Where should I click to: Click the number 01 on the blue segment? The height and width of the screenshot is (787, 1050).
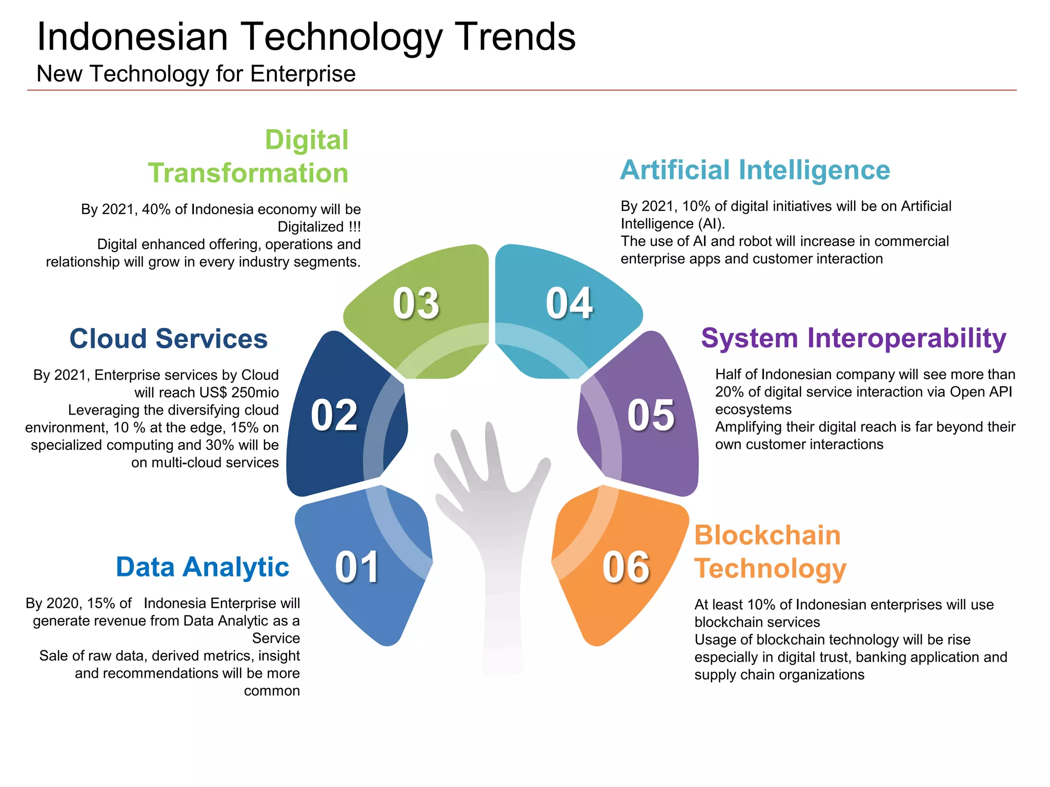click(357, 567)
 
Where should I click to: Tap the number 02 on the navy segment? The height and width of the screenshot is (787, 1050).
click(334, 415)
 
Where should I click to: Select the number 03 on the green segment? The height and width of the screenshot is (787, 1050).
click(416, 303)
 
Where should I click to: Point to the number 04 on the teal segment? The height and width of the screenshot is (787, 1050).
click(569, 303)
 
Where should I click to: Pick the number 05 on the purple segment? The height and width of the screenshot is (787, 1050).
click(651, 415)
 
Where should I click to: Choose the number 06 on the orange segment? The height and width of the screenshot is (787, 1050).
click(626, 567)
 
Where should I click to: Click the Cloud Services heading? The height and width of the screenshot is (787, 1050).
click(168, 339)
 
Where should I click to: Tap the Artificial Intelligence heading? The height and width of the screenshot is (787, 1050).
click(755, 170)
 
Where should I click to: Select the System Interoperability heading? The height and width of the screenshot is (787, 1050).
click(853, 338)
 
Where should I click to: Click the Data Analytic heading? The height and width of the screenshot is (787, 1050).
click(203, 567)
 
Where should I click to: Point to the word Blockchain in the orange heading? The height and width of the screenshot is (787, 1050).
click(768, 535)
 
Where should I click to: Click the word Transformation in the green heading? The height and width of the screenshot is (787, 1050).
click(248, 173)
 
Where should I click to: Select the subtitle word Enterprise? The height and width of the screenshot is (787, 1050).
click(302, 74)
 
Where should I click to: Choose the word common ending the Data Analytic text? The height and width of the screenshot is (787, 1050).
click(272, 691)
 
